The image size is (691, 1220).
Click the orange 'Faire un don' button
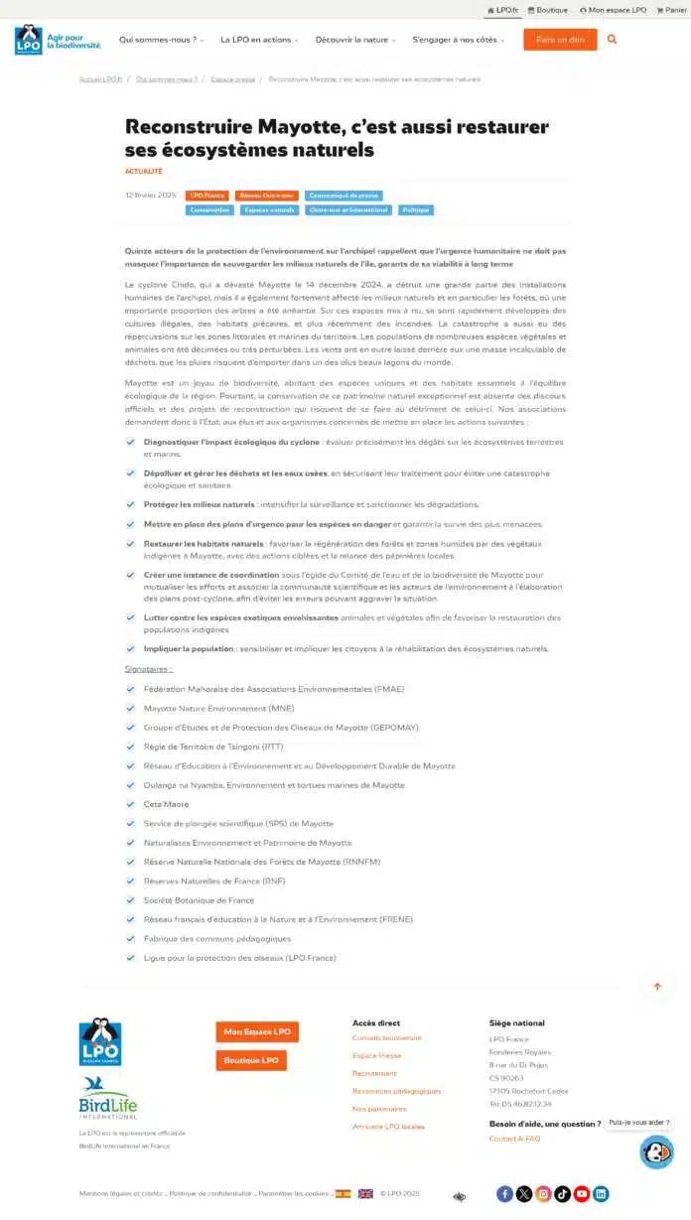(x=560, y=40)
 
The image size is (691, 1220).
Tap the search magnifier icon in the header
(x=612, y=40)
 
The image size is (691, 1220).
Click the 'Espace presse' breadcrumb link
(x=232, y=78)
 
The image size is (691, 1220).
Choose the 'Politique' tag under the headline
(x=415, y=210)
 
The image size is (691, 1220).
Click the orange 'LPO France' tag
(x=207, y=196)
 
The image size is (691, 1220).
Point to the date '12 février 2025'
(x=151, y=196)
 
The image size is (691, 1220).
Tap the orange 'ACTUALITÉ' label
(x=144, y=172)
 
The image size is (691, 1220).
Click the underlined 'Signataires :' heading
(x=148, y=669)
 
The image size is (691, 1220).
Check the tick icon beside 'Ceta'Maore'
(x=131, y=804)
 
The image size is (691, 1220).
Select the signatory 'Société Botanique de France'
(x=199, y=900)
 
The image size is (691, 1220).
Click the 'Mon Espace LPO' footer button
(x=257, y=1031)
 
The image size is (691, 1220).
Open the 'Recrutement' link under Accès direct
(x=374, y=1073)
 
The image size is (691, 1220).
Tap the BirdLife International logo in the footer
(x=107, y=1098)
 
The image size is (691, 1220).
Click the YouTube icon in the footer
(x=582, y=1194)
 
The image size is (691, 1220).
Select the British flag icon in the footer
(x=365, y=1193)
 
